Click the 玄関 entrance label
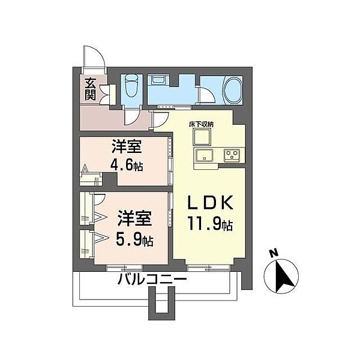tap(90, 89)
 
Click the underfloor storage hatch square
tap(202, 137)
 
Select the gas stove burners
tap(232, 155)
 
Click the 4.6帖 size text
tap(125, 165)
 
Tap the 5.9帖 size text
tap(133, 240)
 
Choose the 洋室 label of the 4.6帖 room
tap(124, 146)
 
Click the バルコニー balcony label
tap(152, 280)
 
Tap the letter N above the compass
tap(274, 254)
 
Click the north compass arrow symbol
tap(284, 277)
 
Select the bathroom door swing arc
tap(207, 96)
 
